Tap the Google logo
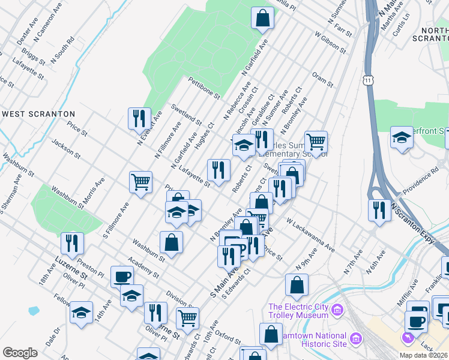coord(20,353)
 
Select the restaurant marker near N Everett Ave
coord(139,118)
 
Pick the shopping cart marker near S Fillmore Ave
coord(140,181)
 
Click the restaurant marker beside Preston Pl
coord(72,243)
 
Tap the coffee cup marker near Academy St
coord(122,277)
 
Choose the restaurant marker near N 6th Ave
coord(379,210)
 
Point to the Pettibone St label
coord(204,88)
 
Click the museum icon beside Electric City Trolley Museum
coord(337,310)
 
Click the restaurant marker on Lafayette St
coord(218,170)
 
